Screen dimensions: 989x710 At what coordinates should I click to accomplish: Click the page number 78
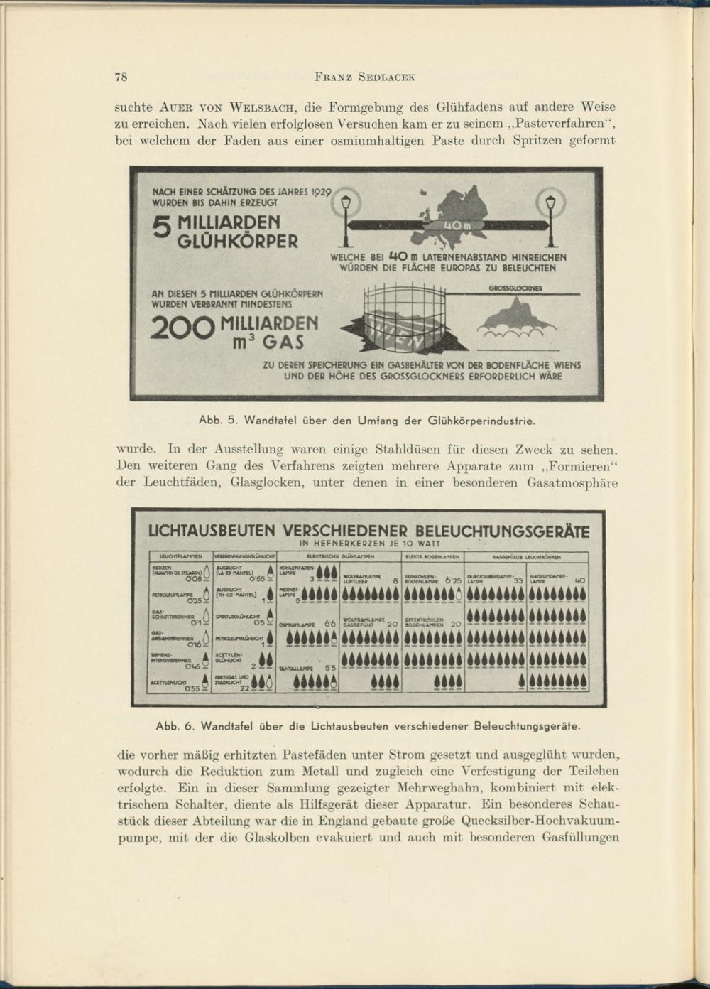(x=120, y=77)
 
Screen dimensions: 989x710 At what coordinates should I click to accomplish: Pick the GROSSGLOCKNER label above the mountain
(x=515, y=288)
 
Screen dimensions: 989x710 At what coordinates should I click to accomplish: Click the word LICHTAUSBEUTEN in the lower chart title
(x=210, y=531)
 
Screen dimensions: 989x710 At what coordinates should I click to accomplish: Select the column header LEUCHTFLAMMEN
(x=177, y=557)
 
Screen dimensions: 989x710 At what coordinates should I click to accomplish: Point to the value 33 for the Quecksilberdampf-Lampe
(x=518, y=580)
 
